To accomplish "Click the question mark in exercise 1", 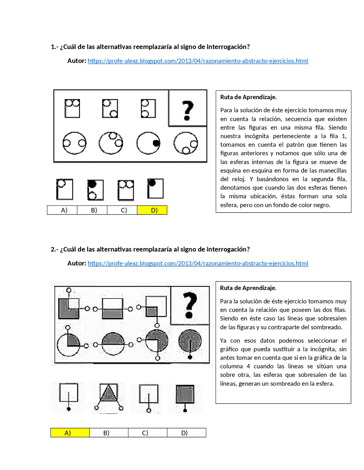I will coord(187,110).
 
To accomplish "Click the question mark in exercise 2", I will coord(190,305).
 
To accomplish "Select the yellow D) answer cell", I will coord(152,210).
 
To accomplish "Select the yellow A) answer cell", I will coord(70,433).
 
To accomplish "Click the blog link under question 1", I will coord(198,61).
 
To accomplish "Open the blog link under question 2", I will coord(198,263).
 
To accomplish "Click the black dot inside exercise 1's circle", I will coord(156,143).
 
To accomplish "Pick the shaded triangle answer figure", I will coord(108,393).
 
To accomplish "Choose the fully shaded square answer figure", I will coord(185,394).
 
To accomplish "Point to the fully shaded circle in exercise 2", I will coord(190,340).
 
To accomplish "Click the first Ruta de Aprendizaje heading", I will coord(248,97).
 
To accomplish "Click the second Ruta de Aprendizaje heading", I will coord(248,288).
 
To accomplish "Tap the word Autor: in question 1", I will coord(77,61).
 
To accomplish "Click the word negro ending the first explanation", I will coord(322,205).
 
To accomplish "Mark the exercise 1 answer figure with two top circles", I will coord(126,189).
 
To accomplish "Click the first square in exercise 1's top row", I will coord(72,108).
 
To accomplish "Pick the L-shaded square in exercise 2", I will coord(69,308).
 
